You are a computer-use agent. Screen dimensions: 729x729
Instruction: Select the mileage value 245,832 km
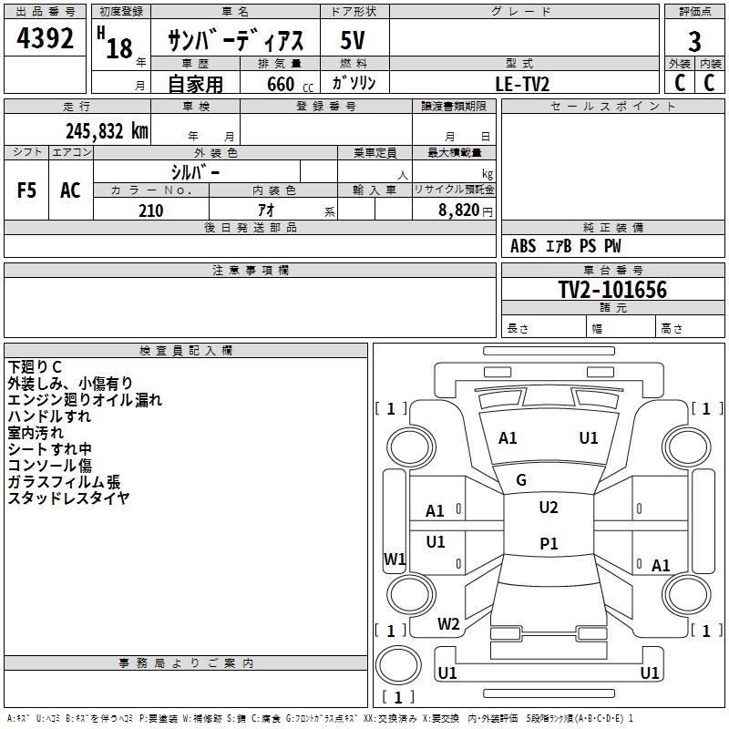pos(107,131)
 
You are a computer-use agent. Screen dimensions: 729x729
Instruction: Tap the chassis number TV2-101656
pos(612,290)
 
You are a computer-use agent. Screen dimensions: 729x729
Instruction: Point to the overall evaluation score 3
pos(694,41)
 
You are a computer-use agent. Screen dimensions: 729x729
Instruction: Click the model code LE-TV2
pos(522,84)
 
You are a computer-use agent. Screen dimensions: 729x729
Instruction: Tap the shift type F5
pos(27,190)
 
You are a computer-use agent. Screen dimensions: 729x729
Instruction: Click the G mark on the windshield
pos(521,480)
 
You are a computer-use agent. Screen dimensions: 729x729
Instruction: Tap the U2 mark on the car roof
pos(548,508)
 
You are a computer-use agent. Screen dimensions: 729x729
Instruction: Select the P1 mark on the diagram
pos(549,543)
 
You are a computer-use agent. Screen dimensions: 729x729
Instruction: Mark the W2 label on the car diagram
pos(448,624)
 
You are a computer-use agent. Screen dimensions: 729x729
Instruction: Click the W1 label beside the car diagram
pos(394,560)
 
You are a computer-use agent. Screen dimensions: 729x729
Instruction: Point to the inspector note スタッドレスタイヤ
pos(68,498)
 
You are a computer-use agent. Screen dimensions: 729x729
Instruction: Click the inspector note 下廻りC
pos(35,367)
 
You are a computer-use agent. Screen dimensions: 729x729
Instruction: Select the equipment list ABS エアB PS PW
pos(566,246)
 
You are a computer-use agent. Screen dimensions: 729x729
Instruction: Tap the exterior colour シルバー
pos(195,172)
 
